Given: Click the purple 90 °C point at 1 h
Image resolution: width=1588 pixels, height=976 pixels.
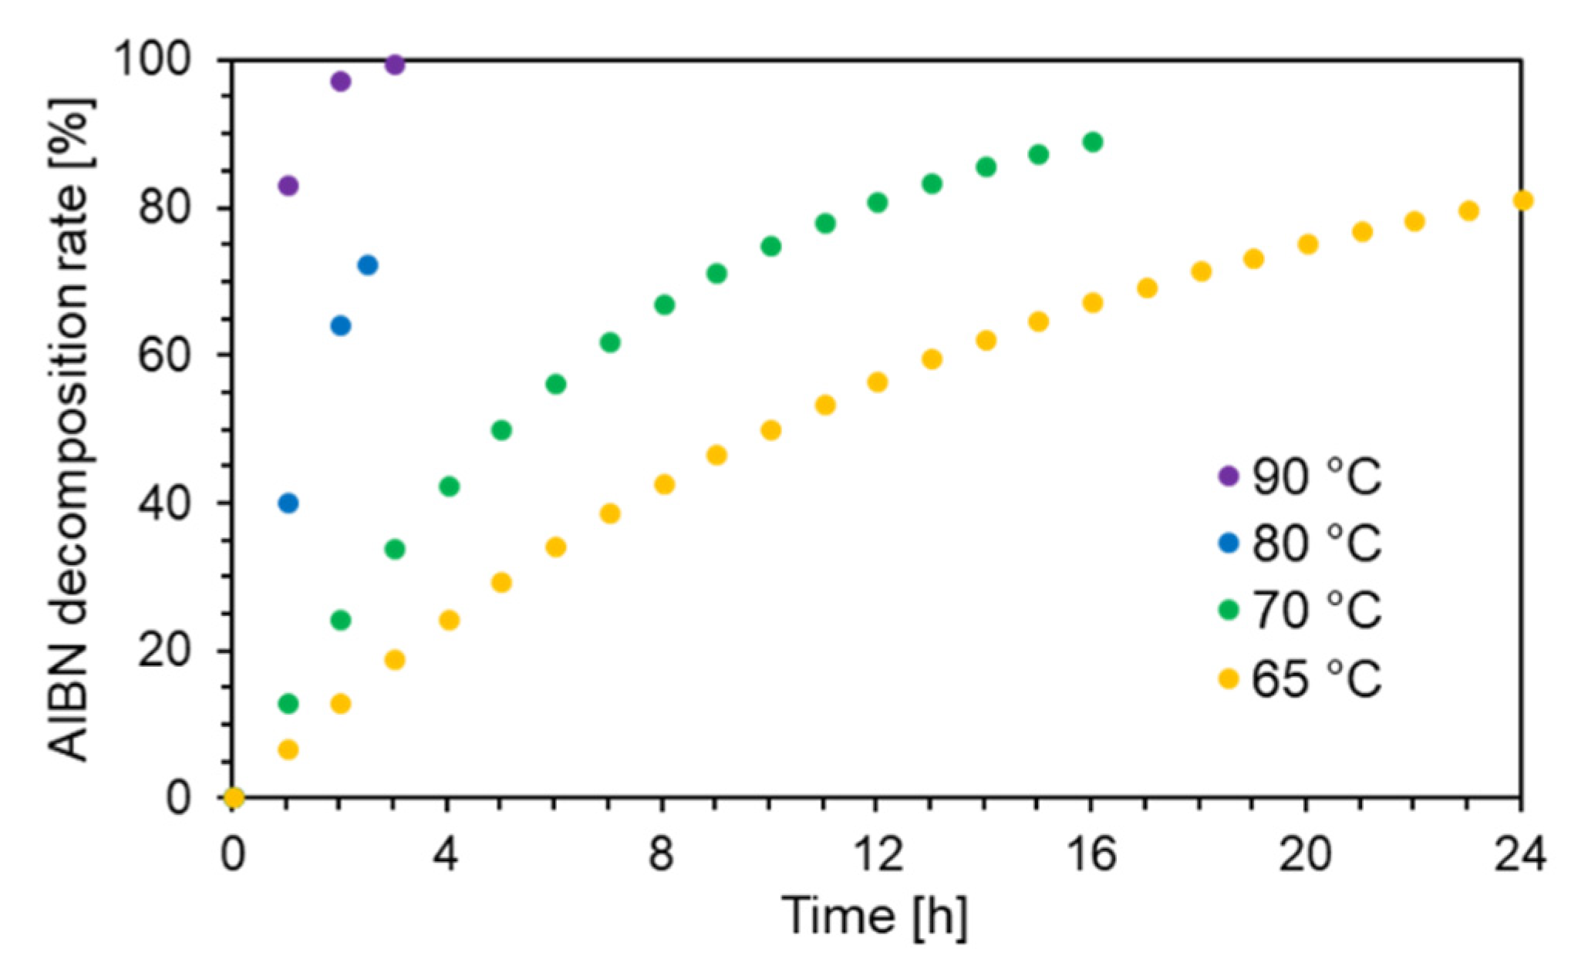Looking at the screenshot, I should coord(288,186).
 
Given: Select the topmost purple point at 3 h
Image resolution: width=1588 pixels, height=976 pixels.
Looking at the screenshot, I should coord(394,65).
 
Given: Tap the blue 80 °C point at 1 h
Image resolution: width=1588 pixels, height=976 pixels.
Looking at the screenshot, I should coord(288,503).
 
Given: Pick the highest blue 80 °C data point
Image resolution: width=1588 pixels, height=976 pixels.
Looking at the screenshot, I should coord(368,265).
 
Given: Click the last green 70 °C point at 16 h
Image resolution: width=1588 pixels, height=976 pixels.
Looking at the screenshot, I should coord(1092,142).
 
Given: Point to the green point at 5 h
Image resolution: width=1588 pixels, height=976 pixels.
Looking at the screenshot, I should coord(501,430).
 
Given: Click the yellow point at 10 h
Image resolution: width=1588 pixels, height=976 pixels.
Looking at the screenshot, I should coord(770,430).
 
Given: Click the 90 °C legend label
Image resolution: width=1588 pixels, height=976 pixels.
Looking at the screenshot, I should coord(1316,476).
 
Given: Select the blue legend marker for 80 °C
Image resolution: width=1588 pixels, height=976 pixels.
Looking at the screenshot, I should coord(1228,544).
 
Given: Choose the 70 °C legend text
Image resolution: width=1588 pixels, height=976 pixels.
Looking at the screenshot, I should coord(1316,611).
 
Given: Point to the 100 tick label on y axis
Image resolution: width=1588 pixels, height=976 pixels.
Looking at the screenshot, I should coord(153,59).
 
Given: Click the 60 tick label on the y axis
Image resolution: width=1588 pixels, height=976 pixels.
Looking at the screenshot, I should coord(164,355).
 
